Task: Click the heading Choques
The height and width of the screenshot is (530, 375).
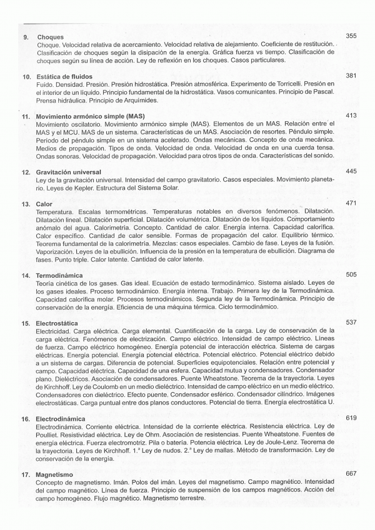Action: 51,37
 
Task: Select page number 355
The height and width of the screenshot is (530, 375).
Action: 351,36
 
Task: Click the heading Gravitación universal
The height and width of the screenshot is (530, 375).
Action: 69,172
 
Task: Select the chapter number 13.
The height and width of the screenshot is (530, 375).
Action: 26,204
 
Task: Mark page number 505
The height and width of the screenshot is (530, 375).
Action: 351,275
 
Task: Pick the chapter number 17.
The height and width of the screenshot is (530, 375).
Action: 26,475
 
